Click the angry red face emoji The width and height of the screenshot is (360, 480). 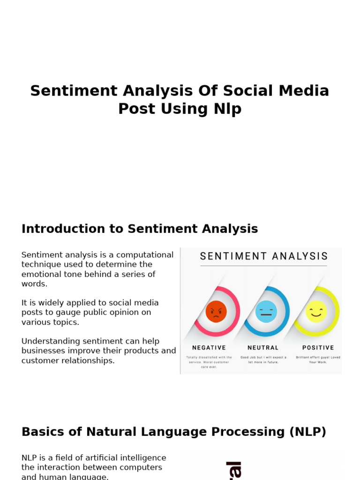pyautogui.click(x=216, y=312)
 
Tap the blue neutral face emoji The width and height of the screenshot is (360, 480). pyautogui.click(x=266, y=312)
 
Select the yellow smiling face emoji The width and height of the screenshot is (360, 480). pyautogui.click(x=316, y=311)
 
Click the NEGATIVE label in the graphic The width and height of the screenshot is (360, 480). pyautogui.click(x=209, y=348)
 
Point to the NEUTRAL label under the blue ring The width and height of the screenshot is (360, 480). pyautogui.click(x=263, y=348)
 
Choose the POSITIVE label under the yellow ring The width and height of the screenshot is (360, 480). pyautogui.click(x=318, y=348)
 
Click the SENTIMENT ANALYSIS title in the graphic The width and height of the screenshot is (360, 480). pyautogui.click(x=264, y=256)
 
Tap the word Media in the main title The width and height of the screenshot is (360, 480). pyautogui.click(x=305, y=90)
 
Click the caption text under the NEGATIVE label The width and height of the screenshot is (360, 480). pyautogui.click(x=209, y=362)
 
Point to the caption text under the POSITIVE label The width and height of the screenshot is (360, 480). pyautogui.click(x=318, y=360)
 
